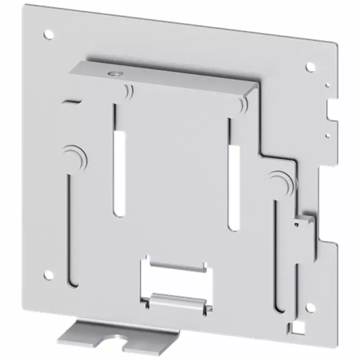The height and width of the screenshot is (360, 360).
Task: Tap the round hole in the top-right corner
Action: click(x=310, y=66)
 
